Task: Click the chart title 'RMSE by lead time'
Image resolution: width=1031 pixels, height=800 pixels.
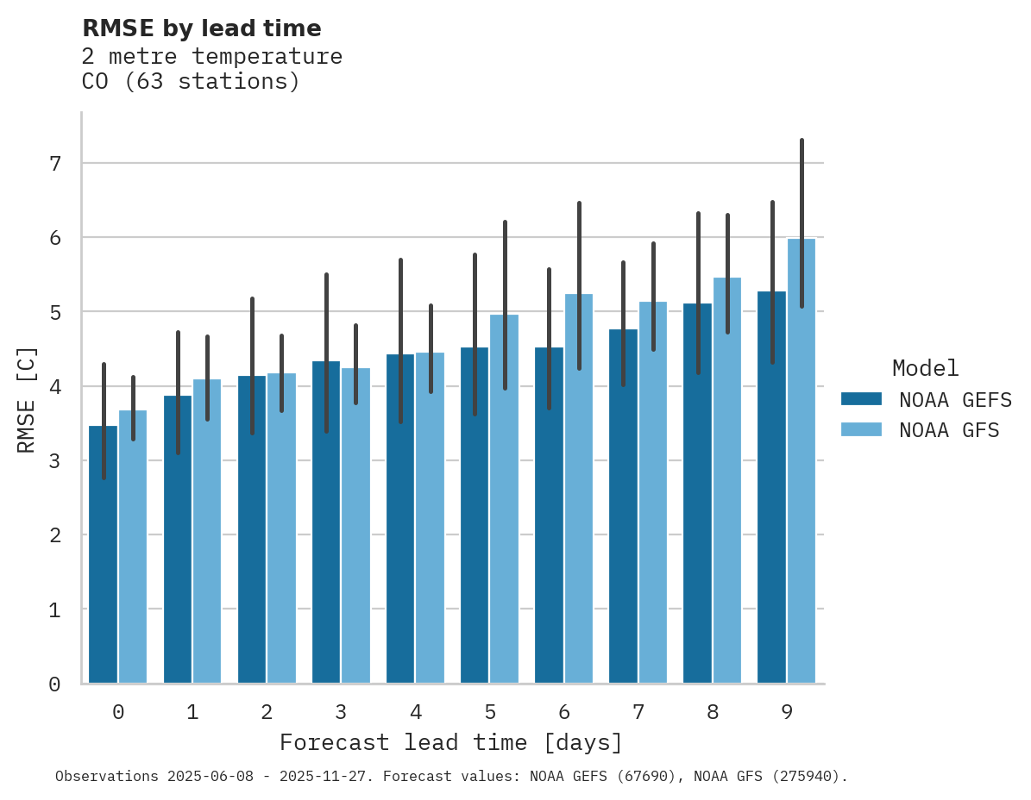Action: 201,28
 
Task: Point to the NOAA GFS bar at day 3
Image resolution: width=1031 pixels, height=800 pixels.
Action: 355,526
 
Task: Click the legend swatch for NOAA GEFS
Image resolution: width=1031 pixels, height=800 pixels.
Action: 861,399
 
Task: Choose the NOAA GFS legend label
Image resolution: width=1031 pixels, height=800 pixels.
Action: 949,430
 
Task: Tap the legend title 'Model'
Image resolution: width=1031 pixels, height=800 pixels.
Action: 925,368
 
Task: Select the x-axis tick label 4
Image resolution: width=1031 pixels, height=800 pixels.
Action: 415,712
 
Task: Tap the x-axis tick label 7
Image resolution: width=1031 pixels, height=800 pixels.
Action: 638,712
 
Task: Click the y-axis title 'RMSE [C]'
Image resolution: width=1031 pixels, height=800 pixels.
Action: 27,399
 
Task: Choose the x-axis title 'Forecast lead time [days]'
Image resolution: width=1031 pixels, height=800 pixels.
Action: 450,742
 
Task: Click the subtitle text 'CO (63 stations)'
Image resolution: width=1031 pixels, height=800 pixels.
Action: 191,82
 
